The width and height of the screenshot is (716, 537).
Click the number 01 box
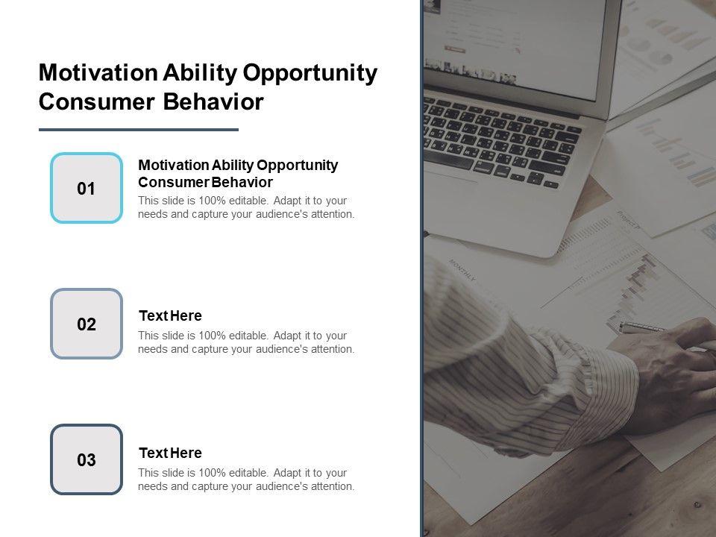87,188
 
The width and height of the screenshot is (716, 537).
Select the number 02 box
87,323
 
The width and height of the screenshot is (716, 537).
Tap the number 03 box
87,459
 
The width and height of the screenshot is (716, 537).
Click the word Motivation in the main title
98,72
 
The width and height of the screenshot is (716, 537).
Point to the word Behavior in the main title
214,101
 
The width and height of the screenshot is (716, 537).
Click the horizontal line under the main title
139,130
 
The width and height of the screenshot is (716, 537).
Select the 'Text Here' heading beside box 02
170,315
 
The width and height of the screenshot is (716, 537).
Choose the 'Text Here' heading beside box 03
170,453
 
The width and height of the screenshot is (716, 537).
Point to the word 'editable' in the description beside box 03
248,473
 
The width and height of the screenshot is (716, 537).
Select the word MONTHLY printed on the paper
462,269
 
